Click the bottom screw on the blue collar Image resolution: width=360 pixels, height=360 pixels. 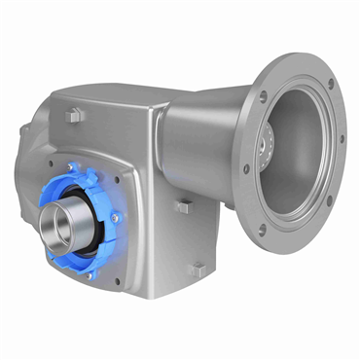[86, 274]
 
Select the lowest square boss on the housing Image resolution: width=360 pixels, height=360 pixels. [198, 269]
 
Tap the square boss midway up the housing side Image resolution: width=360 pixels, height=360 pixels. [182, 206]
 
